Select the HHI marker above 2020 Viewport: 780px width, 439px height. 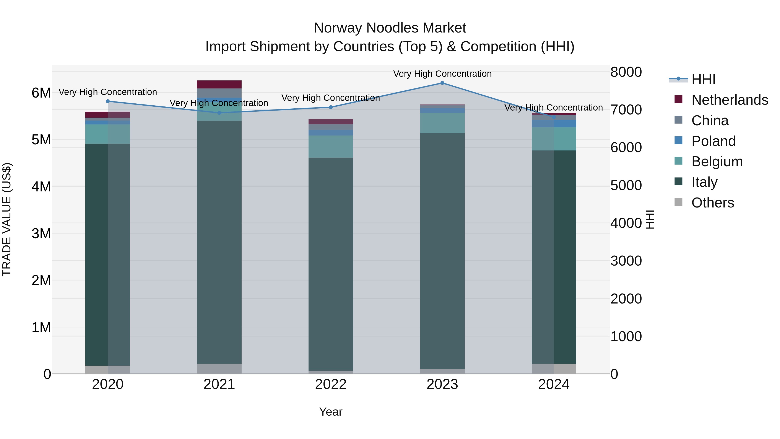[x=108, y=101]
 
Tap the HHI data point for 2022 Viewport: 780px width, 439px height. [x=331, y=107]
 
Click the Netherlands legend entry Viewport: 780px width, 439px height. [x=730, y=100]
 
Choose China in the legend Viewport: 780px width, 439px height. [x=710, y=121]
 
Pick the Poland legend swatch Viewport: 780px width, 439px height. [x=679, y=141]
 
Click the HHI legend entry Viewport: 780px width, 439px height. [x=703, y=79]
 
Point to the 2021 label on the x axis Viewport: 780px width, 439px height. [x=219, y=384]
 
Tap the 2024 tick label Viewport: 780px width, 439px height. [x=554, y=384]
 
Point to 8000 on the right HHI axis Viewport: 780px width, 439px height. [x=626, y=72]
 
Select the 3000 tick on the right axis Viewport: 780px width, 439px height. [x=626, y=261]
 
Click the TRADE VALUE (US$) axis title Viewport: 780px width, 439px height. [x=7, y=219]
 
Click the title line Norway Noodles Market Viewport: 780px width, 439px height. [x=390, y=28]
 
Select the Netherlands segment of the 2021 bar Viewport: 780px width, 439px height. [x=219, y=85]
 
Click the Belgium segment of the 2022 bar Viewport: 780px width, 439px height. [x=331, y=146]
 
